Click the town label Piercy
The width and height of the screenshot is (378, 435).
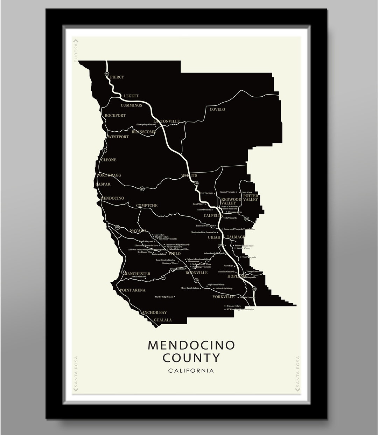(117, 77)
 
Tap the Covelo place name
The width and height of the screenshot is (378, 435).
(217, 110)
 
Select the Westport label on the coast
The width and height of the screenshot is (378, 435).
(118, 137)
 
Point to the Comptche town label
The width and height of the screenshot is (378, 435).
(147, 206)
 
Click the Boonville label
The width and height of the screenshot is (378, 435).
(196, 273)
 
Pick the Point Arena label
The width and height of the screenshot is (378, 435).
(132, 290)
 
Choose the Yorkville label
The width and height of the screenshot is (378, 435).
(223, 297)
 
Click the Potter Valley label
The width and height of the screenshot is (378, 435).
(250, 198)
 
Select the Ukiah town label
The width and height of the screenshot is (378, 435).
(215, 237)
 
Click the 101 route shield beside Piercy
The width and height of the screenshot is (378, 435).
(107, 74)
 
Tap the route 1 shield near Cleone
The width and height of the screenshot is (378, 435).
(104, 151)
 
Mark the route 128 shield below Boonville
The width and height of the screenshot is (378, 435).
(196, 280)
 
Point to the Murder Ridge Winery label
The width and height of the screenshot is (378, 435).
(164, 297)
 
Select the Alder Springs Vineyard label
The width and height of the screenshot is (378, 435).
(146, 125)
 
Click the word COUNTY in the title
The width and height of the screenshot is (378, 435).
(191, 358)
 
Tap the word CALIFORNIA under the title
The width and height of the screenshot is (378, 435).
(191, 370)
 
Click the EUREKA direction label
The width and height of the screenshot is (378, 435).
(76, 51)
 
